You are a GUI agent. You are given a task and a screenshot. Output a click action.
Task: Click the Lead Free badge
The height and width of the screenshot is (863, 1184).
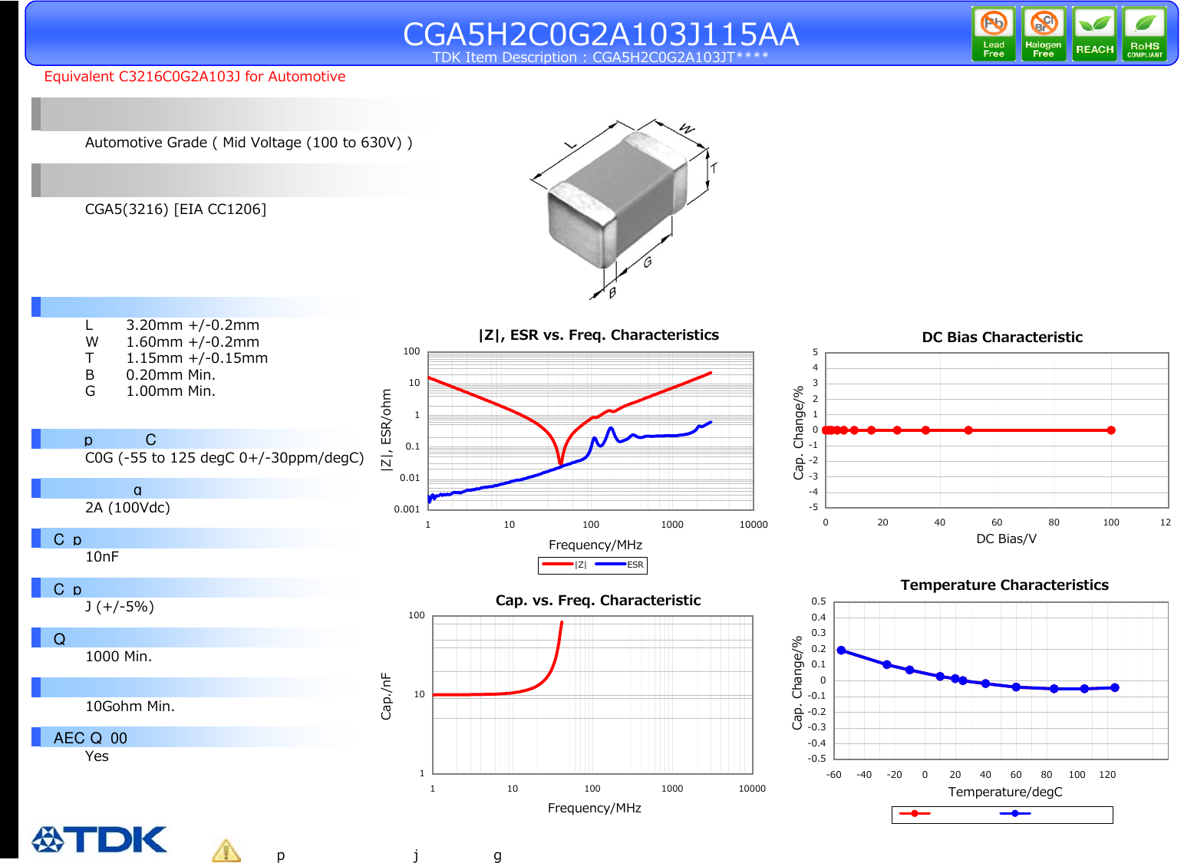click(x=993, y=34)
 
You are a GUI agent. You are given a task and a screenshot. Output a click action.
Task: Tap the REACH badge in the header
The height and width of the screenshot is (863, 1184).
click(x=1094, y=34)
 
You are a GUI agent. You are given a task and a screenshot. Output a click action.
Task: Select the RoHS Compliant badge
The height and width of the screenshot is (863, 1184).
click(x=1144, y=34)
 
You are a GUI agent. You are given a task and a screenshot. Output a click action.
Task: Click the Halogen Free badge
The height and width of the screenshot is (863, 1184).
click(x=1044, y=34)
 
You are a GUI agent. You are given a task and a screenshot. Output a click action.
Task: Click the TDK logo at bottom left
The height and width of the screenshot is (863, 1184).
click(x=100, y=839)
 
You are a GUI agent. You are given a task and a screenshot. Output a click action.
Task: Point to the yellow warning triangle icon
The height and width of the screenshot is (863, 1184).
click(x=226, y=851)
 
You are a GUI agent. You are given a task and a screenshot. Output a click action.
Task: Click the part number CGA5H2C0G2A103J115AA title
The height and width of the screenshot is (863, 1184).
click(x=601, y=34)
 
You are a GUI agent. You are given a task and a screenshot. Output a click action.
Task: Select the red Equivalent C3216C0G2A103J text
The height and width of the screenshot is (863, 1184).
click(x=194, y=77)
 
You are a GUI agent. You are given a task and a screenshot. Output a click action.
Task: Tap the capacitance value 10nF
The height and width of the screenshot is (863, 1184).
click(x=102, y=557)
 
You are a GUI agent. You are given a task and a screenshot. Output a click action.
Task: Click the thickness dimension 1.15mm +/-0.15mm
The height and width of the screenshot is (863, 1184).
click(x=196, y=358)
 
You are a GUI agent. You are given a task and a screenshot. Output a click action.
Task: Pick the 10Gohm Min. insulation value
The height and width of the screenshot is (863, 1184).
click(x=130, y=707)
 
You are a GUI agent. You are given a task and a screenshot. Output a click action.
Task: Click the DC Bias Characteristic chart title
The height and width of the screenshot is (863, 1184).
click(x=1001, y=338)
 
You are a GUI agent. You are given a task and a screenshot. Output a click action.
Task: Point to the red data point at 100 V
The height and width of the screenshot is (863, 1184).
click(x=1111, y=430)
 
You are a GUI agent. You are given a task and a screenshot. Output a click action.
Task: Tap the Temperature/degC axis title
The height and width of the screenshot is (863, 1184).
click(x=1004, y=792)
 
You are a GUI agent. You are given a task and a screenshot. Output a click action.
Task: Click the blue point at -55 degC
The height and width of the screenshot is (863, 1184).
click(x=841, y=651)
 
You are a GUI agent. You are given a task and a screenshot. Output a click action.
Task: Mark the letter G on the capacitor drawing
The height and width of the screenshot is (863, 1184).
click(x=648, y=262)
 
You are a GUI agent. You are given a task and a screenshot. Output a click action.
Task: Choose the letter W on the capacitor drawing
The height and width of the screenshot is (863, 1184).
click(x=687, y=129)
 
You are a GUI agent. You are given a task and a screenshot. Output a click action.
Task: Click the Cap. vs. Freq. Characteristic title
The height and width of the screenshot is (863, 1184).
click(x=598, y=601)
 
